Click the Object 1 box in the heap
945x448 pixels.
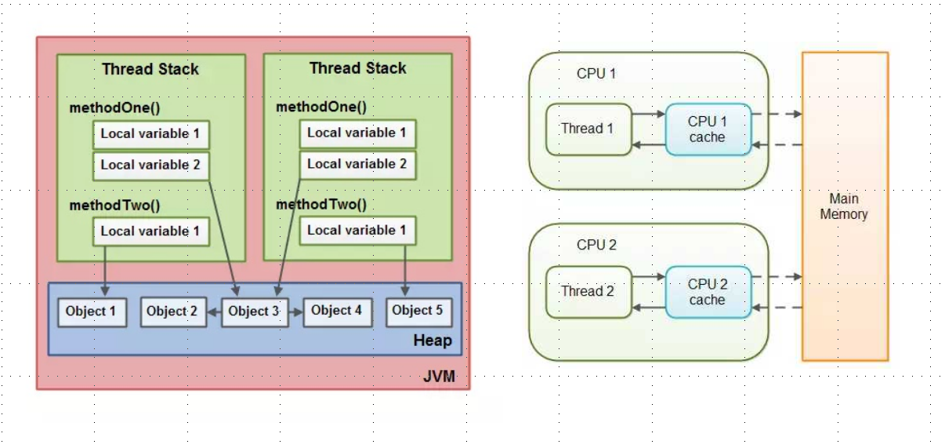(91, 311)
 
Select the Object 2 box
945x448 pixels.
(172, 311)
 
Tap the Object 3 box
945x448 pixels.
(254, 311)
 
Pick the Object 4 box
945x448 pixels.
(336, 311)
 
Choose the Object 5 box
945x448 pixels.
(418, 311)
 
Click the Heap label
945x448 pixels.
(433, 341)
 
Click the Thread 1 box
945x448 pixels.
(588, 129)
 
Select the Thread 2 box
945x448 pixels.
(588, 291)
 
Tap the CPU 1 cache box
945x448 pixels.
(708, 129)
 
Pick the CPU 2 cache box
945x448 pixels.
(708, 292)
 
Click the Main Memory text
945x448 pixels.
(844, 207)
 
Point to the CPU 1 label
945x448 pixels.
(596, 74)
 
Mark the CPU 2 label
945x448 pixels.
(596, 245)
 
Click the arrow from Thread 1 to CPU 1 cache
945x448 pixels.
(648, 115)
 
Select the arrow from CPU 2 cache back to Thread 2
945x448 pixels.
(648, 308)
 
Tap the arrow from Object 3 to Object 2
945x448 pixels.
(214, 311)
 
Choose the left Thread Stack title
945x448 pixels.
(150, 69)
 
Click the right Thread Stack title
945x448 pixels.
(357, 68)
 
